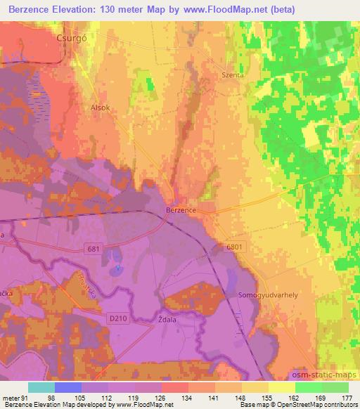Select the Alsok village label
[101, 108]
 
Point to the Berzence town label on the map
[181, 209]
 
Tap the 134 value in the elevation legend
[188, 398]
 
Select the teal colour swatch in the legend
[41, 387]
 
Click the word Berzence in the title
[31, 9]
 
